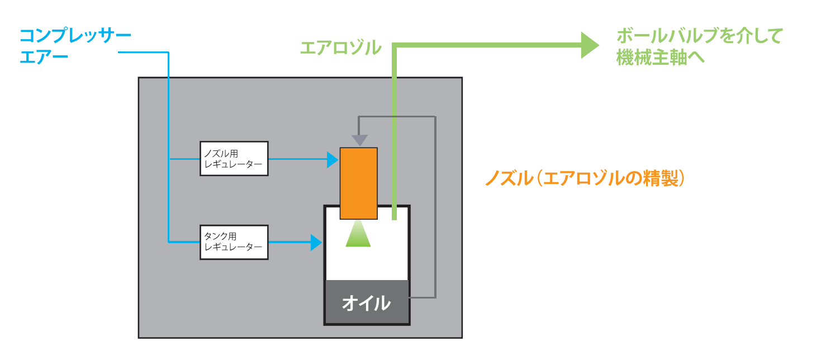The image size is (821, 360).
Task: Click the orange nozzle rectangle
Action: (x=358, y=183)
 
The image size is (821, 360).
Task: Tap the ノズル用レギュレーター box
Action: (x=234, y=159)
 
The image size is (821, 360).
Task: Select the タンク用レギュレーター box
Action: (x=234, y=242)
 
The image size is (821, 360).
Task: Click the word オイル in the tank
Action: (x=366, y=303)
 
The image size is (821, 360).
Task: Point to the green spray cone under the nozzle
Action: (x=358, y=235)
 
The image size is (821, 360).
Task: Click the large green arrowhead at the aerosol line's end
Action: (x=589, y=45)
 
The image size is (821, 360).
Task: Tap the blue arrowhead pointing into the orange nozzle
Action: (x=333, y=159)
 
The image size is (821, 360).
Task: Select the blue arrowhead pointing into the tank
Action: (x=316, y=243)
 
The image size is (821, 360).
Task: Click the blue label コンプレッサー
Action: (x=75, y=36)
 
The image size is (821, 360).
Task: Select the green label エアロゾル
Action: (x=340, y=48)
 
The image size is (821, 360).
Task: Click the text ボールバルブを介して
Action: (x=699, y=36)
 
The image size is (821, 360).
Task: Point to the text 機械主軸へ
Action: (x=660, y=58)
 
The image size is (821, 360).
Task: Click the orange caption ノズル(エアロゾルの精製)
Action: (x=585, y=178)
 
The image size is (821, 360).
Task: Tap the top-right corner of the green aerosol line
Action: (x=395, y=46)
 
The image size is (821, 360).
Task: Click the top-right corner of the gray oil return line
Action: (x=434, y=117)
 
